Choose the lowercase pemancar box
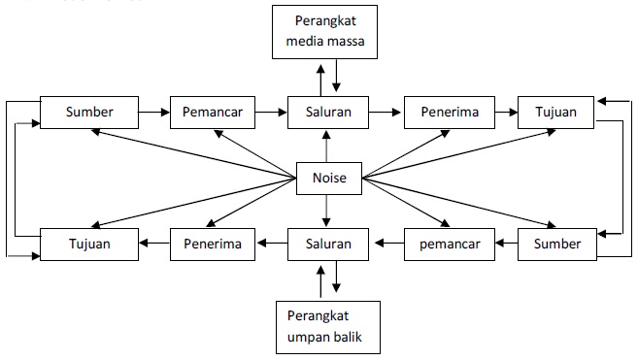[444, 244]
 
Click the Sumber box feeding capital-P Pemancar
[89, 113]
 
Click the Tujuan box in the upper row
[557, 113]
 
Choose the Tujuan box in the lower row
[89, 244]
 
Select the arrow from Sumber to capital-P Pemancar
[153, 113]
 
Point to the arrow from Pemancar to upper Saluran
[273, 113]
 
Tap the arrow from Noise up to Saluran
[324, 147]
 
